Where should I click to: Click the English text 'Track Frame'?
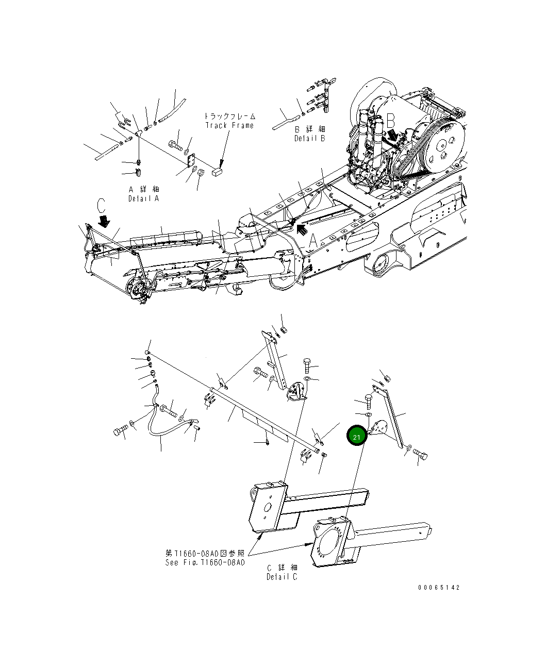[229, 125]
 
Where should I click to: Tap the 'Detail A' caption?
[144, 198]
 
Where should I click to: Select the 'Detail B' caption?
[310, 138]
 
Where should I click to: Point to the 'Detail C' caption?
[282, 577]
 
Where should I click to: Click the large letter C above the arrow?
[101, 206]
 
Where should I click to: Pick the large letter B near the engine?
[390, 121]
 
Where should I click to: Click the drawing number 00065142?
[439, 588]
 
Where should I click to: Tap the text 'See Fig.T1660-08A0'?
[205, 562]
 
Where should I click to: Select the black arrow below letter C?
[105, 221]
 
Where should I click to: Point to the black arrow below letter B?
[393, 136]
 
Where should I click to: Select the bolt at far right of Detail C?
[421, 455]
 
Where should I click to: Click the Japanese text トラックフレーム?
[229, 116]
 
